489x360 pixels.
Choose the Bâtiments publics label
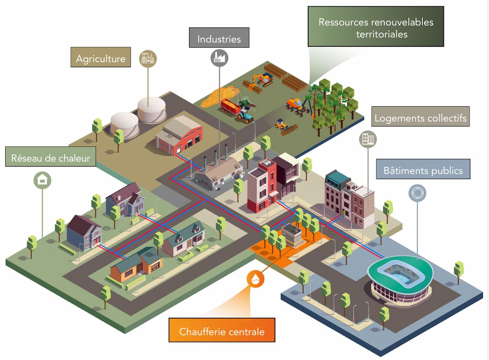[423, 169]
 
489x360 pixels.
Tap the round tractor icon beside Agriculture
[148, 59]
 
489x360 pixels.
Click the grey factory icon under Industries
[219, 57]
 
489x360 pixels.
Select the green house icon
[42, 180]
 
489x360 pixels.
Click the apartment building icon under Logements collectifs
[368, 140]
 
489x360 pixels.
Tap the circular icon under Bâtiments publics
[417, 192]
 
